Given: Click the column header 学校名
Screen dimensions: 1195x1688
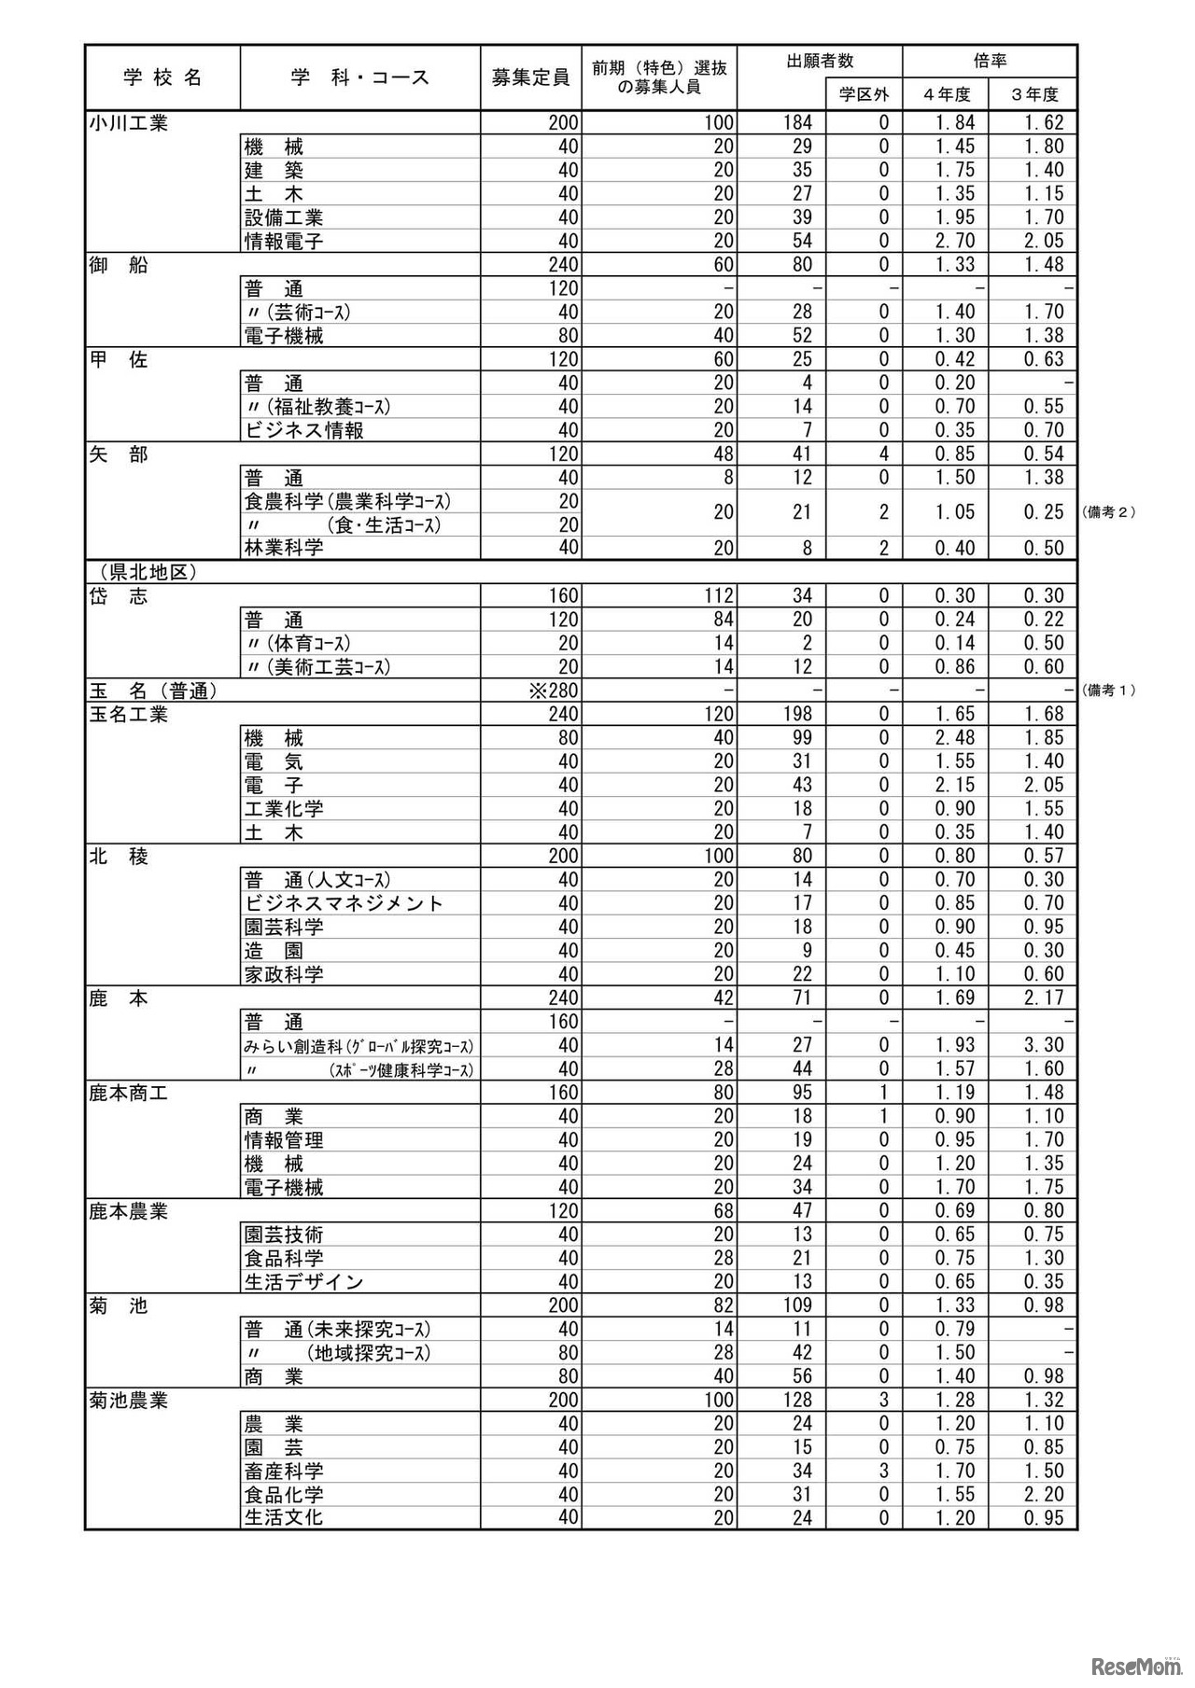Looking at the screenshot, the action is (x=162, y=77).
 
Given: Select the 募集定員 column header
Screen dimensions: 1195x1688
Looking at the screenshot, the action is (x=530, y=77).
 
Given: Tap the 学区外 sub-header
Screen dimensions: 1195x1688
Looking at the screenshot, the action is (x=864, y=94).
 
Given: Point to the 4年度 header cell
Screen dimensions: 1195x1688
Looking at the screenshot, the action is (x=946, y=94).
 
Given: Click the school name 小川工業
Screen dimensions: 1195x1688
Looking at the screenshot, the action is (x=129, y=123).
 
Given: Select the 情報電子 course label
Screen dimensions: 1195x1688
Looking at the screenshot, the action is (x=284, y=242).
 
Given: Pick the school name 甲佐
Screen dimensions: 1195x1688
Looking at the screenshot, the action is (x=119, y=360).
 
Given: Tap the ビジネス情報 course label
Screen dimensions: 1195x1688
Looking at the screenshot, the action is (x=304, y=431).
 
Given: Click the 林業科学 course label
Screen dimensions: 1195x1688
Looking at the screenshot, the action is (x=284, y=549).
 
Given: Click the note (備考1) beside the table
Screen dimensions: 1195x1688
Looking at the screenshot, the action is (x=1108, y=691).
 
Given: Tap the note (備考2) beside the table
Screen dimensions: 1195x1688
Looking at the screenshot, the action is (x=1108, y=512).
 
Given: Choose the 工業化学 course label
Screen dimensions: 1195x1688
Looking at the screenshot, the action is (x=284, y=809).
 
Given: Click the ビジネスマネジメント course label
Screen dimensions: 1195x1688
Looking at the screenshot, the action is (x=344, y=903).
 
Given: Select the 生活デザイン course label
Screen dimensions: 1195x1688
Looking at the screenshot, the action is (x=303, y=1283).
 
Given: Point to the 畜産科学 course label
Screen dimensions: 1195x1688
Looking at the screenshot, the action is (x=284, y=1472).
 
